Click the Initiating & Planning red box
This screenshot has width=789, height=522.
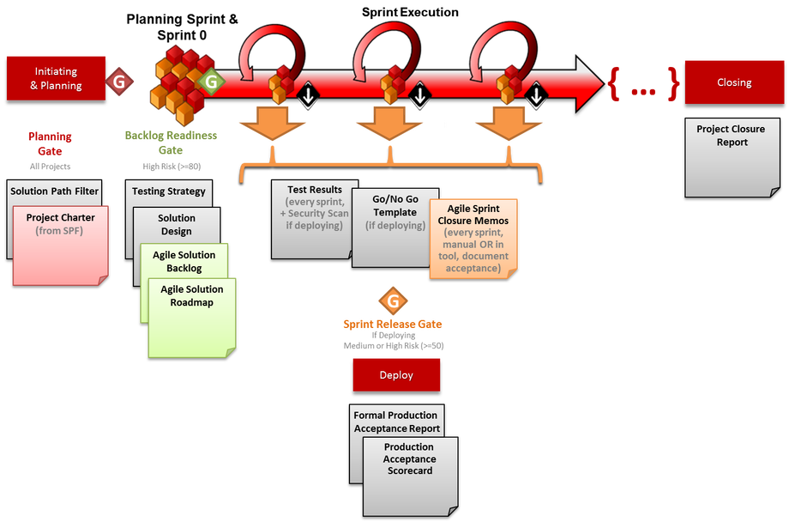tap(56, 78)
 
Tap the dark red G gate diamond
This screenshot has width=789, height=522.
tap(120, 81)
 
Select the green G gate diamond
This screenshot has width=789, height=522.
tap(209, 82)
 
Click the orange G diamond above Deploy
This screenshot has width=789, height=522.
tap(393, 301)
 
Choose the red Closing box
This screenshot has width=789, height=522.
tap(733, 82)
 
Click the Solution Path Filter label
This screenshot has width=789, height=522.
tap(55, 191)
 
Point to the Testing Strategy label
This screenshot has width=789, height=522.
tap(169, 191)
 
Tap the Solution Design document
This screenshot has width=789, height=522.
tap(177, 225)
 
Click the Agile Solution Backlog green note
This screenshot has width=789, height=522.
tap(184, 262)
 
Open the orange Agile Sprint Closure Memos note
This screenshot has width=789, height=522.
tap(473, 238)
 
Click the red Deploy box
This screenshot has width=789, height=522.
tap(395, 375)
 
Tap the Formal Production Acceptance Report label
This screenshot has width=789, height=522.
tap(397, 422)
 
